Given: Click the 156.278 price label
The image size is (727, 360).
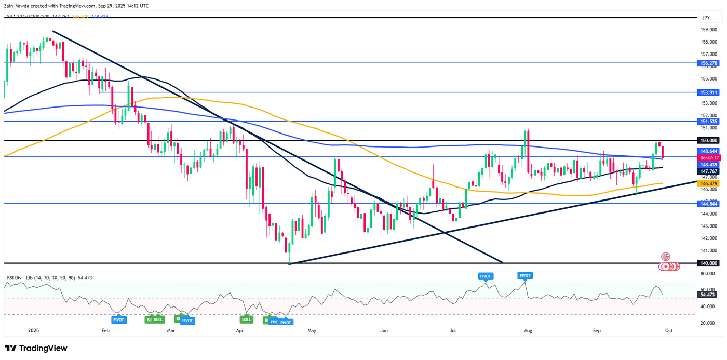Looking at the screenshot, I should (709, 62).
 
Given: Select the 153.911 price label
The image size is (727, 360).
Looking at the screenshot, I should (709, 92).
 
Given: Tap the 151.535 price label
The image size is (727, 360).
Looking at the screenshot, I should (709, 121).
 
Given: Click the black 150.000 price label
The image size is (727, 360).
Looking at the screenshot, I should (709, 140).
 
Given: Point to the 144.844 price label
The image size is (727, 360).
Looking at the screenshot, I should (709, 204).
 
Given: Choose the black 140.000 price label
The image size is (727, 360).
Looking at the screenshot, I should (709, 263).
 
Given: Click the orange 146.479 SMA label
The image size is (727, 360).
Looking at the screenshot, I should (709, 183).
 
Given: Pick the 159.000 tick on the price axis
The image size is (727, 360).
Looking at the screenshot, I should (709, 29).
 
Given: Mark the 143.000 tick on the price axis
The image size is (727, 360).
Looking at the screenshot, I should (709, 226).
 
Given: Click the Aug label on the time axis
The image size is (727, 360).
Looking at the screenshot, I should (528, 330).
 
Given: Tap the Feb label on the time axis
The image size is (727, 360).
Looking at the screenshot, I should (105, 330).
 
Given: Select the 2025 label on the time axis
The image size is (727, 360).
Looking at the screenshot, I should (34, 330).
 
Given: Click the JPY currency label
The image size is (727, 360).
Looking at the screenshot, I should (705, 18).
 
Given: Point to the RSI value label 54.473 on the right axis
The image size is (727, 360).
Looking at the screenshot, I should (709, 295).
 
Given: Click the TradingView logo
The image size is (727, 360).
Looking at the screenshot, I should (36, 348).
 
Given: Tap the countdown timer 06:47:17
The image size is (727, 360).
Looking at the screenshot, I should (709, 157).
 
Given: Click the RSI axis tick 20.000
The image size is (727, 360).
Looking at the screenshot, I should (709, 323).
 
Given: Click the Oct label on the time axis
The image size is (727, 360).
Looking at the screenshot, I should (669, 330).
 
